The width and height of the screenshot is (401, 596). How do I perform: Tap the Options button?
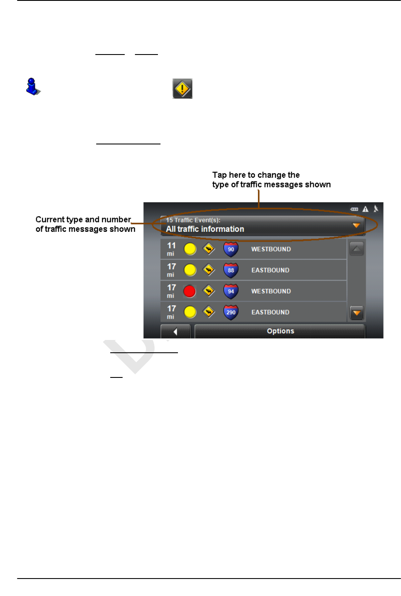(280, 331)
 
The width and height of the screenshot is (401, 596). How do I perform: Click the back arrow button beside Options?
(175, 331)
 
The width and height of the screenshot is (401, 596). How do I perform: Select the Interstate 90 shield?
(231, 249)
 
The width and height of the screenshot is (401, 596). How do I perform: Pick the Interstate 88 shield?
(231, 270)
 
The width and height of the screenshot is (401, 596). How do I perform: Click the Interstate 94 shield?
(231, 291)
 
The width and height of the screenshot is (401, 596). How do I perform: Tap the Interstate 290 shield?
(231, 312)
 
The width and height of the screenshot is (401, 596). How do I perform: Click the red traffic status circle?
(189, 291)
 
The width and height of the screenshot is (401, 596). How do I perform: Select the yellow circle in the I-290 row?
(190, 312)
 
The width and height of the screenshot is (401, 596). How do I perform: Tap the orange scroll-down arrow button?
(357, 313)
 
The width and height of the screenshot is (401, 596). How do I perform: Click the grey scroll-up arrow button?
(357, 248)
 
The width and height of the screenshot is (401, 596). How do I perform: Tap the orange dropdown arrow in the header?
(356, 225)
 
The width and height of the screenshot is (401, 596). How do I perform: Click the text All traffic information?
(205, 229)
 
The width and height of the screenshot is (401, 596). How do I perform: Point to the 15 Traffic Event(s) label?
(193, 220)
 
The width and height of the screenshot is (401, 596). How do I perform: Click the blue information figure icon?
(32, 86)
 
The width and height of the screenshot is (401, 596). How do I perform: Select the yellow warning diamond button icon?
(182, 89)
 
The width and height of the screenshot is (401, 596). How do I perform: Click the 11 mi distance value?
(171, 249)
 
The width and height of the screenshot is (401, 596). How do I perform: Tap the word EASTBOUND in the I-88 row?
(270, 270)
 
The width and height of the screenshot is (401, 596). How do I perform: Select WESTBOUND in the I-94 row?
(271, 291)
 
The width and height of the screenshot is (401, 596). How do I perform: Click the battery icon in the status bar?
(354, 209)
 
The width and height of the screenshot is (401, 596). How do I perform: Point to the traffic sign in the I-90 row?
(209, 249)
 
